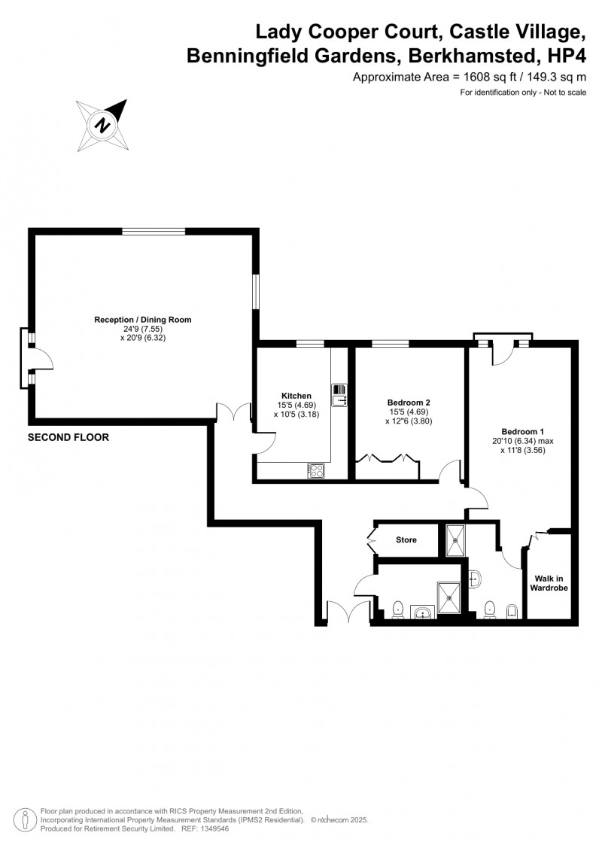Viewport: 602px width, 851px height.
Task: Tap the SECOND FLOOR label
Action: pyautogui.click(x=68, y=437)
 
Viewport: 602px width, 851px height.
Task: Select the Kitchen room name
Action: pyautogui.click(x=296, y=396)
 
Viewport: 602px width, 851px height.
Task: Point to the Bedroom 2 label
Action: pyautogui.click(x=409, y=403)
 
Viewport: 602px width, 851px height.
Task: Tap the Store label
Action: pyautogui.click(x=406, y=539)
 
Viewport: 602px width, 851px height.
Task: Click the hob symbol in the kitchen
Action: pyautogui.click(x=315, y=470)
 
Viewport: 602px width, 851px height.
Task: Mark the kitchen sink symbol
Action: pyautogui.click(x=338, y=394)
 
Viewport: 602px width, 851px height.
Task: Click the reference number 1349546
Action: pyautogui.click(x=206, y=828)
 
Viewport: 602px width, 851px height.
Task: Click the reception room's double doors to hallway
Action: pyautogui.click(x=233, y=412)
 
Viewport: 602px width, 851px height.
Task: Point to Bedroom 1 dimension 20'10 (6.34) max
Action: pyautogui.click(x=523, y=441)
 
